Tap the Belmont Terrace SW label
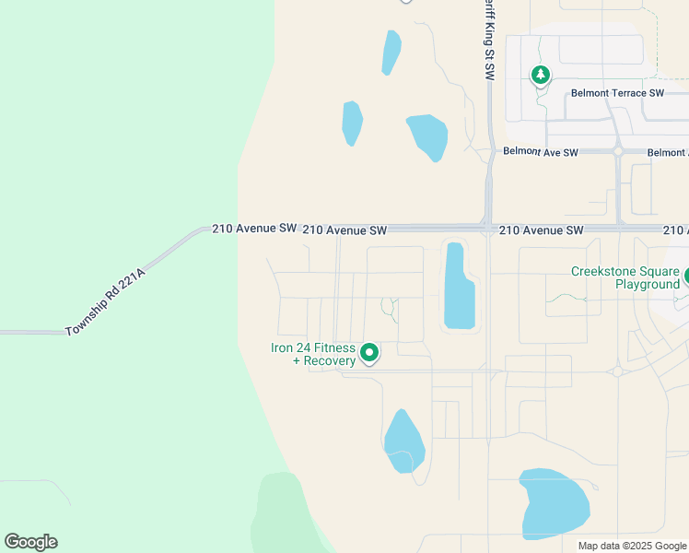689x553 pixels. [617, 93]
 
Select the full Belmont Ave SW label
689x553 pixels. [540, 152]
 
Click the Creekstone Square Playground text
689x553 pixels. [625, 277]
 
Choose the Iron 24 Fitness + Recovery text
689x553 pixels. [312, 354]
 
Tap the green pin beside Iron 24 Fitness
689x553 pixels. [369, 352]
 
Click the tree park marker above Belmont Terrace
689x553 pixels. [541, 75]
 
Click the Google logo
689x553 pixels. [30, 542]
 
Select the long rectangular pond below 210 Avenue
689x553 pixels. [458, 287]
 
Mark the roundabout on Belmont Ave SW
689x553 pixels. [618, 151]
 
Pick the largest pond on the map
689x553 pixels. [555, 503]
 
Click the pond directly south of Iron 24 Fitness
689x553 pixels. [403, 441]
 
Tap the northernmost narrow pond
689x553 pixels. [391, 53]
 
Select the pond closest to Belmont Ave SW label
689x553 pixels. [427, 136]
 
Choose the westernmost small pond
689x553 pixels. [352, 123]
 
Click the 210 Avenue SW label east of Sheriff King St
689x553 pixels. [541, 229]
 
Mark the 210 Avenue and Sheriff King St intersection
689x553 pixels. [488, 228]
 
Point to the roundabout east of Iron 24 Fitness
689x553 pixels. [617, 371]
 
